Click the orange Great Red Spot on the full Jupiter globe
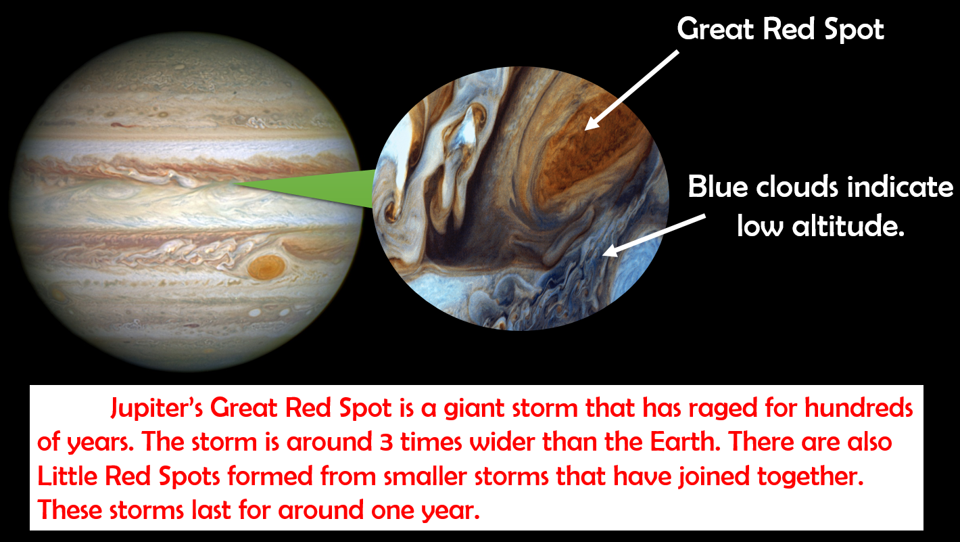[x=266, y=267]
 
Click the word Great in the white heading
[x=715, y=29]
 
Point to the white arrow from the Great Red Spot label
[x=631, y=90]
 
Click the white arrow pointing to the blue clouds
[x=654, y=235]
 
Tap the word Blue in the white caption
[x=718, y=187]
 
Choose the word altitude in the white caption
[x=848, y=225]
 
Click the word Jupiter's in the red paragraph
[x=156, y=408]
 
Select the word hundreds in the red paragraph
[x=859, y=407]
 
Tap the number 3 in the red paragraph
[x=386, y=442]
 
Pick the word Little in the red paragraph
[x=68, y=476]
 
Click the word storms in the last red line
[x=147, y=510]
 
